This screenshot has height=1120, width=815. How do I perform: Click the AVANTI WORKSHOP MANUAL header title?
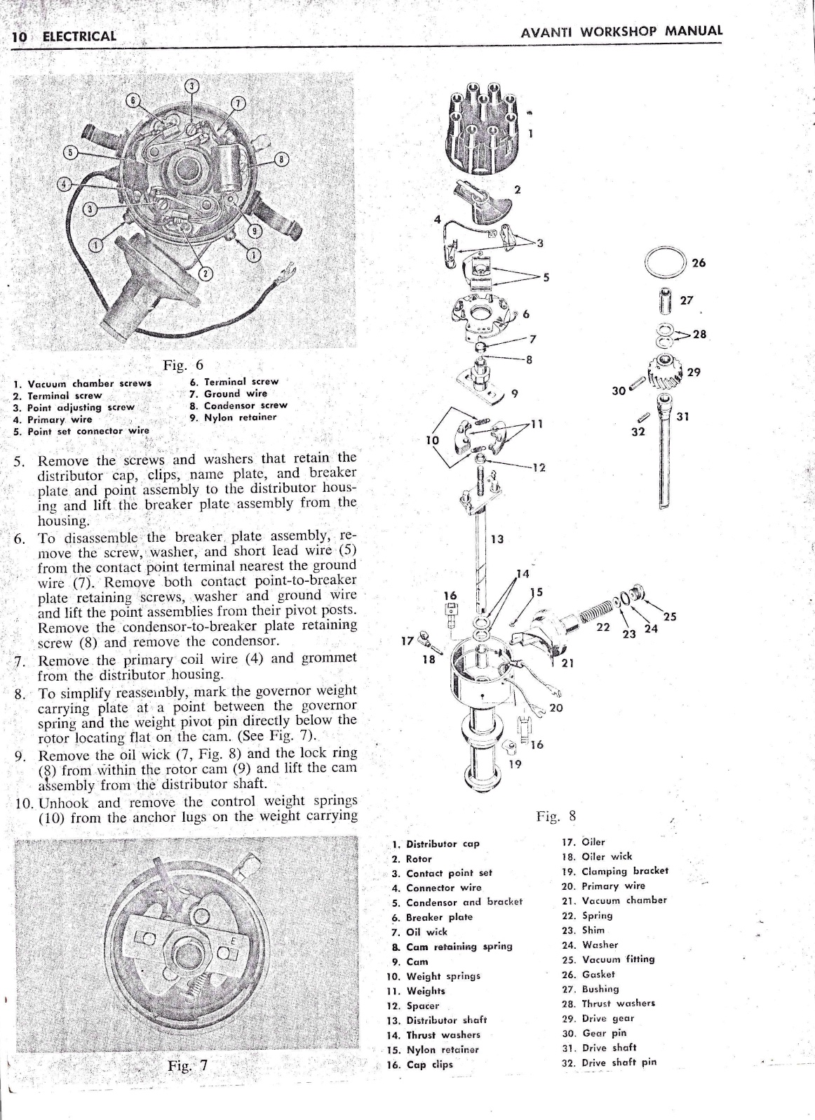click(621, 32)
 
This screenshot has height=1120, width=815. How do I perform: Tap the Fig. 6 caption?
click(183, 365)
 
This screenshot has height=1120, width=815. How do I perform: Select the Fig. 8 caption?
click(555, 815)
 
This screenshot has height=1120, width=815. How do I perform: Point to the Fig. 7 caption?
click(187, 1065)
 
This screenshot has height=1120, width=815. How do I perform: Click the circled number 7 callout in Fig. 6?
click(239, 104)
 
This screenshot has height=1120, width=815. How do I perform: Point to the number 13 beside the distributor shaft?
click(497, 539)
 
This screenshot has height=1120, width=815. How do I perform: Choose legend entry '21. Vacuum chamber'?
click(614, 900)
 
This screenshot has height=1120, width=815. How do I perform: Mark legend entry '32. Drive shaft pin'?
click(609, 1062)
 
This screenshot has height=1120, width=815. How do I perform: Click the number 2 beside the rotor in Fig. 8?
click(517, 189)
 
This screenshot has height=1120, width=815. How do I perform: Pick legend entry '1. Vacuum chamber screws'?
click(83, 383)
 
